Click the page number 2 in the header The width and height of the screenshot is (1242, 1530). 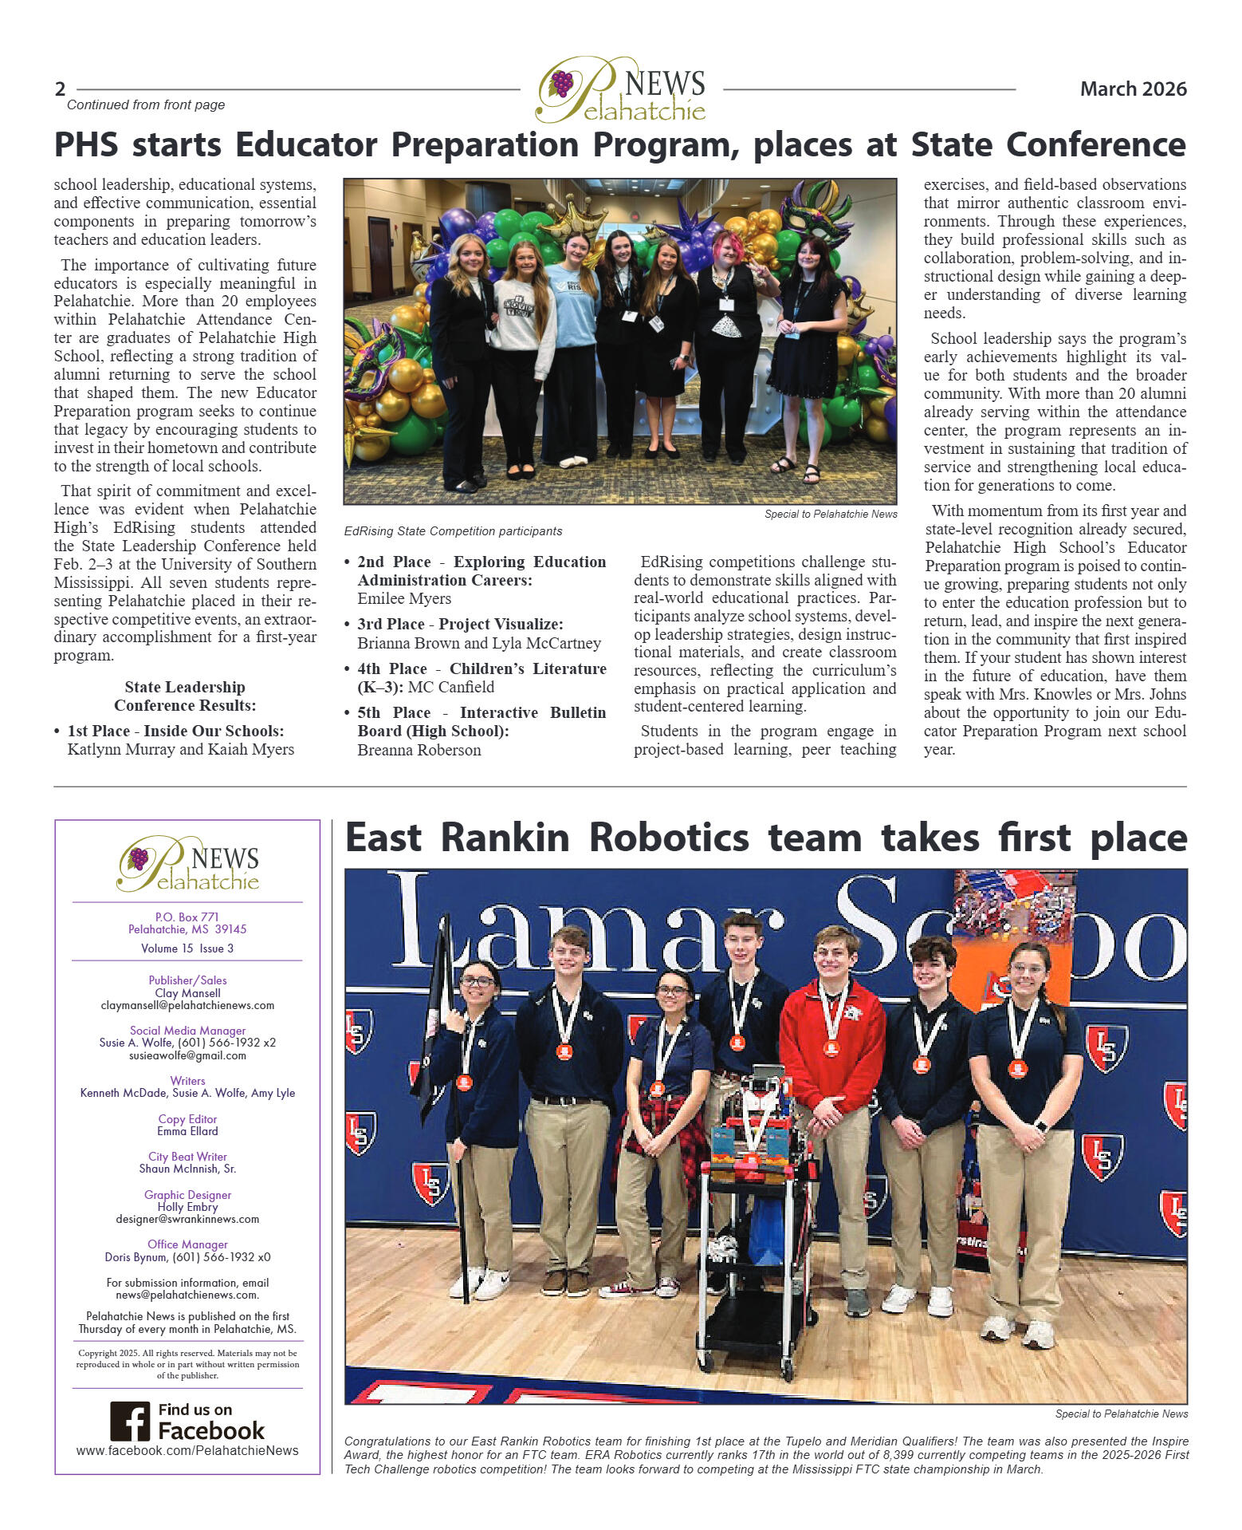tap(61, 89)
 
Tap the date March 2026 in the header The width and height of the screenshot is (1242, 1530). tap(1133, 89)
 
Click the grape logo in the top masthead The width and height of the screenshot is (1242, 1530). tap(562, 83)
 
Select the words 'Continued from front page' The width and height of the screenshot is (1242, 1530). tap(146, 105)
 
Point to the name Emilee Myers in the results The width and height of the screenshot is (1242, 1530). tap(404, 599)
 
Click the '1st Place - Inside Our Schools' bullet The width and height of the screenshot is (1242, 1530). tap(175, 731)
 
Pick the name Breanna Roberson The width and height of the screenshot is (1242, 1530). tap(419, 750)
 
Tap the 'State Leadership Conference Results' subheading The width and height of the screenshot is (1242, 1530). tap(185, 696)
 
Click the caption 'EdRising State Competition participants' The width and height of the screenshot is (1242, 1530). tap(453, 531)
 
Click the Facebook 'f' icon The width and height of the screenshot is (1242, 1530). tap(130, 1421)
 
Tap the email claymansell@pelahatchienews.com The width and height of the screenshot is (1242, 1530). tap(187, 1006)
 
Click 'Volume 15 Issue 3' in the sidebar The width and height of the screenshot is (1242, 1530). tap(187, 948)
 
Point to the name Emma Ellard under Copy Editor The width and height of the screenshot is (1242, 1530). tap(187, 1131)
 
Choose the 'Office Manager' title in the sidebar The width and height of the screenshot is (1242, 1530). tap(187, 1244)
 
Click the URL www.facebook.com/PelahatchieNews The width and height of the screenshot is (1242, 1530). tap(187, 1450)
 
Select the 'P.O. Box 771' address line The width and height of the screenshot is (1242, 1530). tap(187, 917)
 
